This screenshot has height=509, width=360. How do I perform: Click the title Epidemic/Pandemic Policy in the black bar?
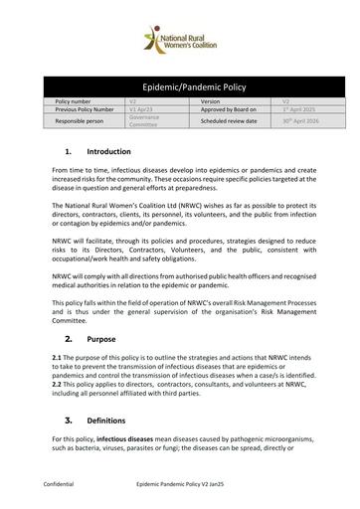[x=179, y=87]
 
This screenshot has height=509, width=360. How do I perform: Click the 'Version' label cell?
[x=210, y=101]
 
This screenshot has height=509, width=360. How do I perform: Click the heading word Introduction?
[x=108, y=151]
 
